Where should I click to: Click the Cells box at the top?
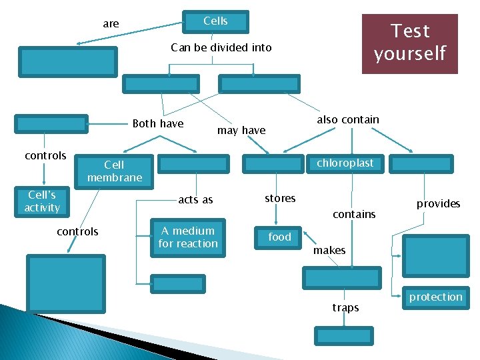215,21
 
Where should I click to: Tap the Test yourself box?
409,43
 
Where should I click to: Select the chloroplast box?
345,163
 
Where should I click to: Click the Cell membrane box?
114,171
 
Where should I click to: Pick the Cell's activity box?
43,202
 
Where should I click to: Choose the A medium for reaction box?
188,237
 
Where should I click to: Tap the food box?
280,237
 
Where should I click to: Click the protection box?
435,297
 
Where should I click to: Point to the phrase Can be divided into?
221,47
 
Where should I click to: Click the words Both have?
158,123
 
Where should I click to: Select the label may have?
241,131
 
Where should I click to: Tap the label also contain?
347,120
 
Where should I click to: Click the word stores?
280,199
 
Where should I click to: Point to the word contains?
354,214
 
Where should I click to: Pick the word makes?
329,250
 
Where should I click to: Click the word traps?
345,307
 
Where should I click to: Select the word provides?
438,203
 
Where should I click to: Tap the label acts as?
195,200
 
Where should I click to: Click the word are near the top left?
111,24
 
